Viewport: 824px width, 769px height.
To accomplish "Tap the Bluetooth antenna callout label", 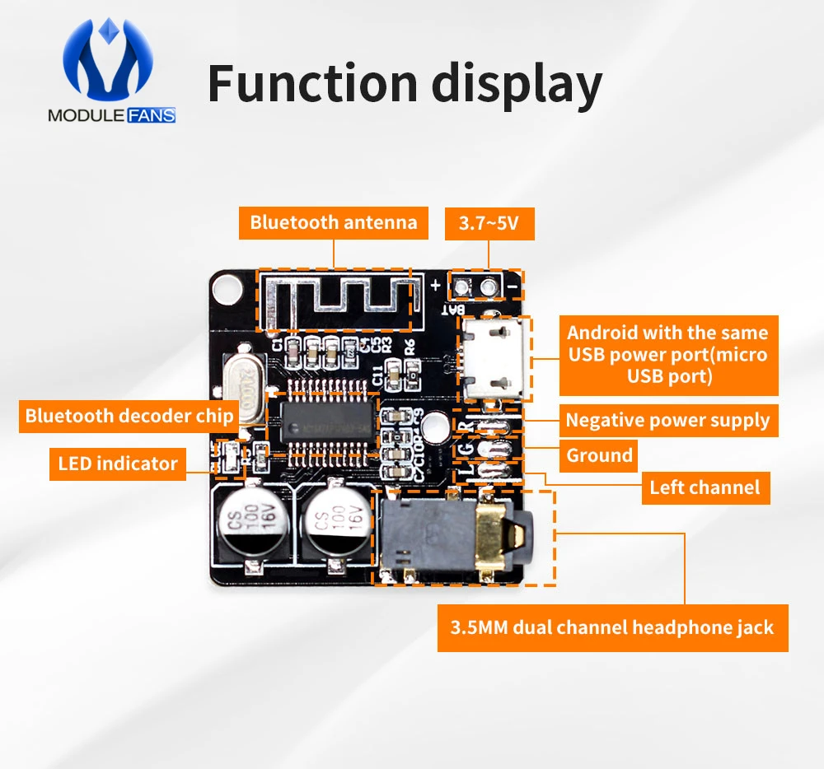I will point(334,222).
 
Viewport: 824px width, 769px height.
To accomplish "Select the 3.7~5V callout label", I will point(489,222).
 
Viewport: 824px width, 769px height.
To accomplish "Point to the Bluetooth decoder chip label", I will point(129,416).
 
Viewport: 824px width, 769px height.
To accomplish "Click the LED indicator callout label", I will point(118,464).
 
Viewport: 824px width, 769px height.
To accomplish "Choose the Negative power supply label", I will point(667,421).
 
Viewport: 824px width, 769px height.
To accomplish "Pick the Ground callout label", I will point(599,455).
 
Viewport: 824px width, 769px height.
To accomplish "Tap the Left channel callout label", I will point(705,487).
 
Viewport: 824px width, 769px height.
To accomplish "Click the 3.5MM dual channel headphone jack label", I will point(612,628).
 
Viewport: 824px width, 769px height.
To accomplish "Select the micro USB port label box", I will point(667,355).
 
